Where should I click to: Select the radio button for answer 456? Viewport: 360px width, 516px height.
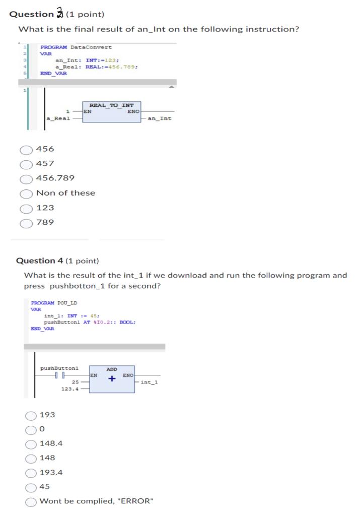[x=27, y=149]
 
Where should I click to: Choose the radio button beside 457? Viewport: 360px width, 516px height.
[x=27, y=164]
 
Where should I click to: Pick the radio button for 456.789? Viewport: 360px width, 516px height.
[x=27, y=178]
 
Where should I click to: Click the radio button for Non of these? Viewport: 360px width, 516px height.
[x=27, y=193]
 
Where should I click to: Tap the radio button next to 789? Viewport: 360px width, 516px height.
[x=27, y=222]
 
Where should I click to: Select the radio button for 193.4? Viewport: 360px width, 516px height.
[x=31, y=473]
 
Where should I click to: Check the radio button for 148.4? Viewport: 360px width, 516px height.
[x=31, y=444]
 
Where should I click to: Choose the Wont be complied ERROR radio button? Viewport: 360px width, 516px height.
[x=31, y=501]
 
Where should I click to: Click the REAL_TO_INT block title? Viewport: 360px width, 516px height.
[x=111, y=105]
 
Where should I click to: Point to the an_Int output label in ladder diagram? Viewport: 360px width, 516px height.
[x=160, y=118]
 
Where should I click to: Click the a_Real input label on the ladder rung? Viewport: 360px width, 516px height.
[x=58, y=118]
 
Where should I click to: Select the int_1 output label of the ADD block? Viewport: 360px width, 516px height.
[x=150, y=382]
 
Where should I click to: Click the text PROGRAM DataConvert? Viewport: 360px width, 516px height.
[x=76, y=47]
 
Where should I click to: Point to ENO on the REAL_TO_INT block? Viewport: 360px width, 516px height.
[x=133, y=111]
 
